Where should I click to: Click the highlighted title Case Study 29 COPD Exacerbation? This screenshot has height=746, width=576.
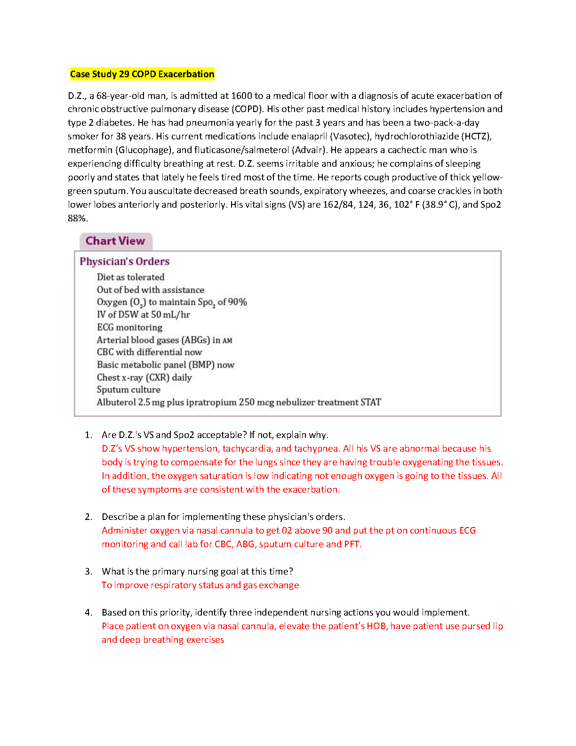[x=142, y=74]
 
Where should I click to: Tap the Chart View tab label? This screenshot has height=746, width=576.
[x=115, y=241]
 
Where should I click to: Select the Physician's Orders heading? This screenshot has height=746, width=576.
[x=124, y=261]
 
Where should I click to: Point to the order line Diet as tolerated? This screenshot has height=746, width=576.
[x=130, y=277]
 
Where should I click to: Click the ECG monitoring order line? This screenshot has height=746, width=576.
[x=129, y=327]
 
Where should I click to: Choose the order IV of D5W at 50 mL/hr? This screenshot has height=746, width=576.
[x=143, y=315]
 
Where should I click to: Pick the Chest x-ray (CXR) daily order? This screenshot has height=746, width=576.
[x=144, y=377]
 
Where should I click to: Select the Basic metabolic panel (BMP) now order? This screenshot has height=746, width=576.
[x=165, y=365]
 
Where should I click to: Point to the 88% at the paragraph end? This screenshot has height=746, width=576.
[x=77, y=218]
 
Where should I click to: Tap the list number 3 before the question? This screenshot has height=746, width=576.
[x=88, y=571]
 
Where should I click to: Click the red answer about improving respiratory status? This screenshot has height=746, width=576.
[x=200, y=585]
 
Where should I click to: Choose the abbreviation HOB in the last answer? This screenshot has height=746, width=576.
[x=376, y=626]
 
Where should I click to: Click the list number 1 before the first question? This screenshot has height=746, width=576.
[x=88, y=435]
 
